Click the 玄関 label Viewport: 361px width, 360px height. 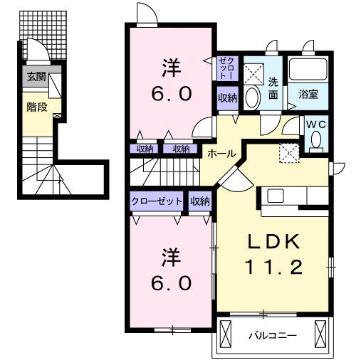pyautogui.click(x=36, y=77)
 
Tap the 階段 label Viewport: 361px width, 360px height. pyautogui.click(x=36, y=107)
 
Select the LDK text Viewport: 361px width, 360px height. pyautogui.click(x=273, y=241)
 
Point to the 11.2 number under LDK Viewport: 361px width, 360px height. pyautogui.click(x=274, y=267)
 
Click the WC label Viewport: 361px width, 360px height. pyautogui.click(x=317, y=125)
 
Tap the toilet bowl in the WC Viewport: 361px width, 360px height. pyautogui.click(x=316, y=140)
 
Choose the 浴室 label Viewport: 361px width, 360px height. pyautogui.click(x=308, y=94)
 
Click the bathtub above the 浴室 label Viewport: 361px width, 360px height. pyautogui.click(x=308, y=69)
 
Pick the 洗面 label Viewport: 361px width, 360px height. pyautogui.click(x=273, y=88)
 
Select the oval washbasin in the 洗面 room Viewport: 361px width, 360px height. pyautogui.click(x=252, y=97)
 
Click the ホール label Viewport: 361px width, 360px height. pyautogui.click(x=222, y=154)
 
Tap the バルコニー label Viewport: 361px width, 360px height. pyautogui.click(x=273, y=336)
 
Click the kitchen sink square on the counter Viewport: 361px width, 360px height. pyautogui.click(x=276, y=196)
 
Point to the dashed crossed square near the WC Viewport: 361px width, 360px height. pyautogui.click(x=289, y=153)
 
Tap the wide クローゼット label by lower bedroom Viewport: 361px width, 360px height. pyautogui.click(x=157, y=201)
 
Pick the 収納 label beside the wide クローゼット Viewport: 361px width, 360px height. pyautogui.click(x=200, y=201)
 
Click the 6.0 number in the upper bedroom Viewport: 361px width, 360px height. pyautogui.click(x=172, y=94)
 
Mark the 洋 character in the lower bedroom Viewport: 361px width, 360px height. pyautogui.click(x=172, y=257)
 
